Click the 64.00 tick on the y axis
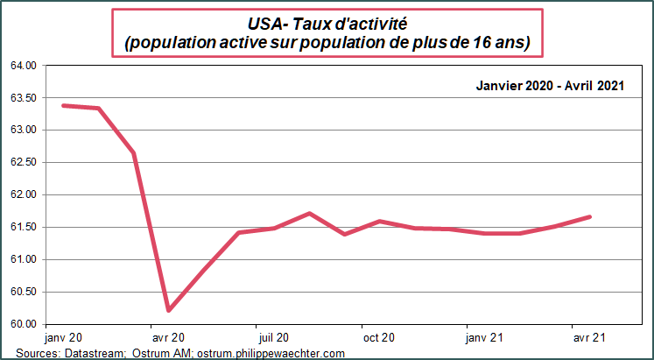25,66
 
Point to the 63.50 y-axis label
25,98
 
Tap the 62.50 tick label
25,163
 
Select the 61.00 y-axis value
25,260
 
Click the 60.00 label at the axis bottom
25,324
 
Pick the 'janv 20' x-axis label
63,337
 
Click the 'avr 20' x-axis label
168,337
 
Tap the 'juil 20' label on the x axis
274,337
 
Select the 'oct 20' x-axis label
379,337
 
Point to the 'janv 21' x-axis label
484,337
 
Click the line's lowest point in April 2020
168,310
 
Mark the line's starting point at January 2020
63,105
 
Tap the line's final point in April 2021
590,216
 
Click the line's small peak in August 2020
309,213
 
